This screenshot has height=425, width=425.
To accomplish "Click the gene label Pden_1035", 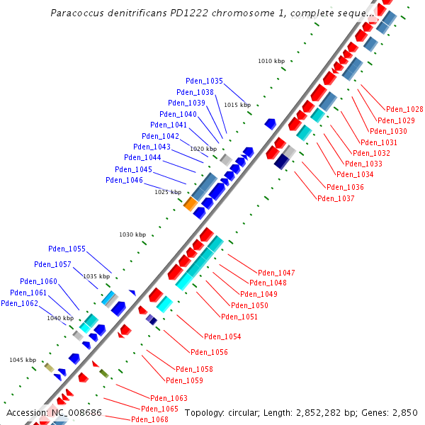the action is (205, 81).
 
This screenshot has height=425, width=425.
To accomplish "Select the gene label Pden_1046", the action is (124, 181).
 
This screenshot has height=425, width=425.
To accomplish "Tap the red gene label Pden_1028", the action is (404, 110).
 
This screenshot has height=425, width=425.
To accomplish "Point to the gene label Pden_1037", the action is (336, 198).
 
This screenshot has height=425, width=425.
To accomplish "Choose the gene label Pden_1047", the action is (276, 273).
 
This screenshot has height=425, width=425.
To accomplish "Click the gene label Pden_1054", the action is (222, 336).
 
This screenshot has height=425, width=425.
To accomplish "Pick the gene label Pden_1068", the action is (149, 420).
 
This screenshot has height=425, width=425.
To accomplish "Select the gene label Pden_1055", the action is (67, 249).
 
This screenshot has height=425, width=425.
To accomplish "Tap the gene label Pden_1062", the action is (19, 304).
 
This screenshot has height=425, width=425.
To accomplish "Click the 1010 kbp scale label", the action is (271, 62).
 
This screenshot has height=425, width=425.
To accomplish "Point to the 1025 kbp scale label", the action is (168, 193).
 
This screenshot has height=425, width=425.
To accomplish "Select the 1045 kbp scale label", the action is (23, 361).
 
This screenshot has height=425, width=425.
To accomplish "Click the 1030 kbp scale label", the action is (132, 234).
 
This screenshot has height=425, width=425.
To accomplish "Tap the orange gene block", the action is (191, 204).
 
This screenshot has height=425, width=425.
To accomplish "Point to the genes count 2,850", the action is (405, 412).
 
